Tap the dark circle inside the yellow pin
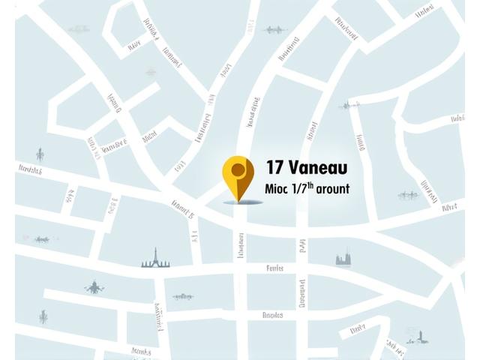tap(238, 169)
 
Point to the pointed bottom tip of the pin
tap(238, 200)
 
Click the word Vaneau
tap(320, 166)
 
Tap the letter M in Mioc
tap(270, 189)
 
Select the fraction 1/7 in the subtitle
tap(300, 189)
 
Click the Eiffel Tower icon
tap(155, 258)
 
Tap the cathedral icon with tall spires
tap(344, 259)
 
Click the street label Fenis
tap(274, 268)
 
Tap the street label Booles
tap(272, 316)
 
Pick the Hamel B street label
tap(182, 209)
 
